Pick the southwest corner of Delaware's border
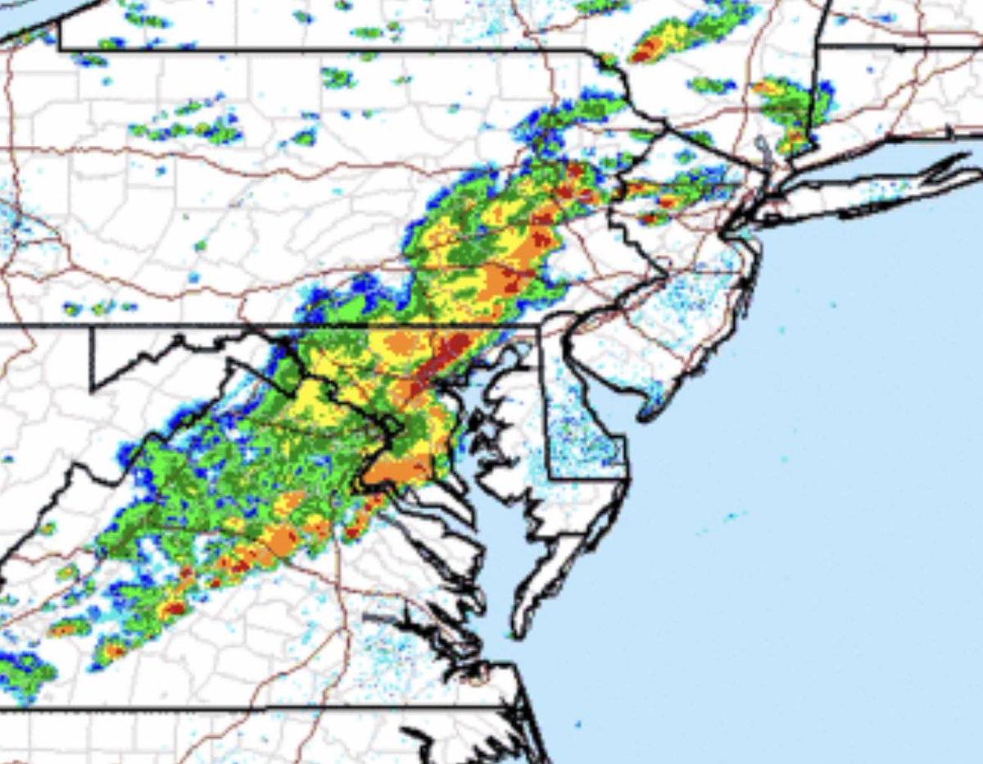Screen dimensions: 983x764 [547, 476]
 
